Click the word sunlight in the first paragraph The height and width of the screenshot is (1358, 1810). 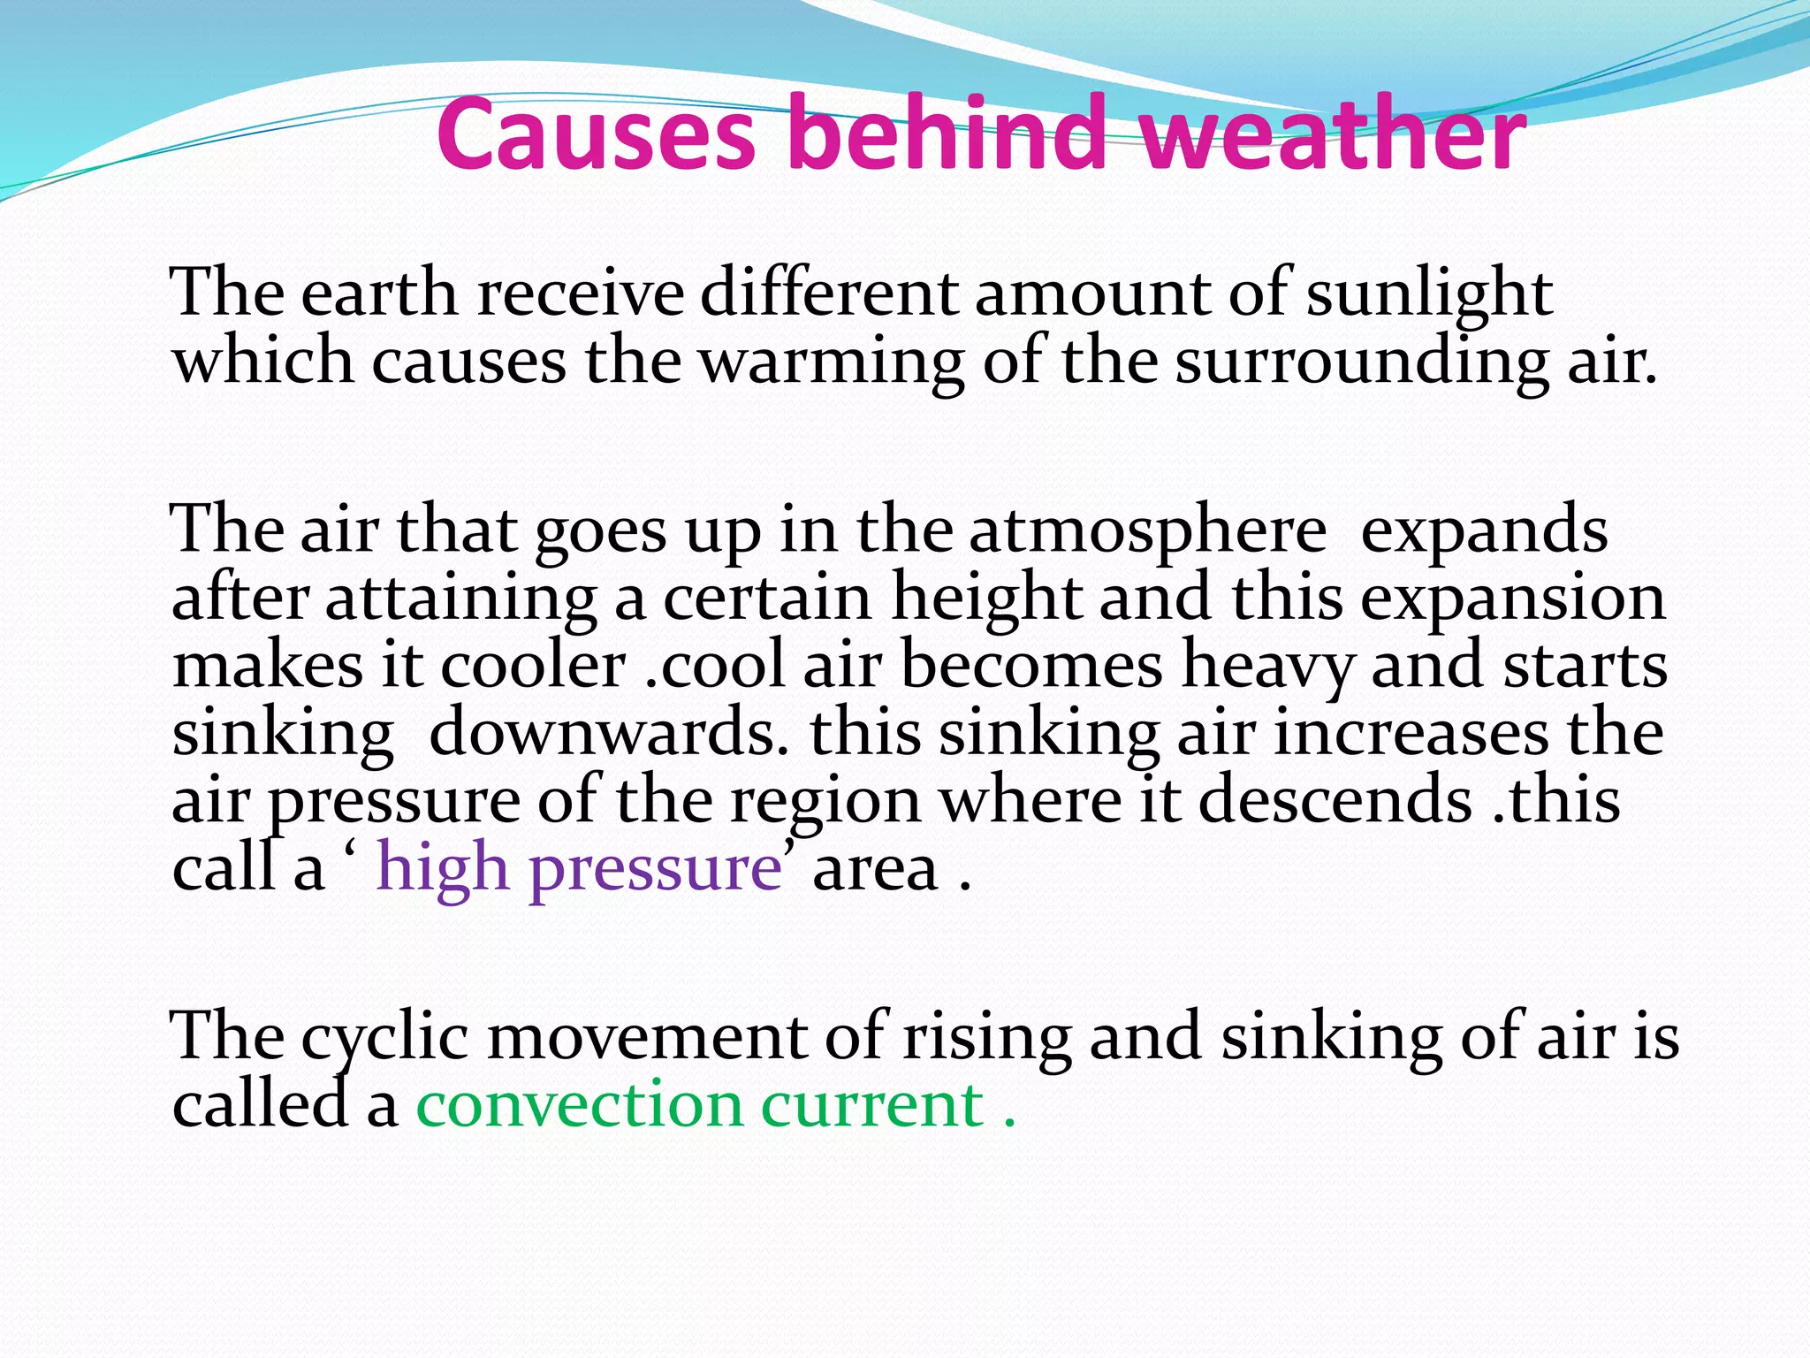pos(1428,294)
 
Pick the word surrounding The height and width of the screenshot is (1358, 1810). pos(1360,362)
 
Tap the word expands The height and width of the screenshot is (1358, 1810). pos(1484,531)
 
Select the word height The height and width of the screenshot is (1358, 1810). pos(986,599)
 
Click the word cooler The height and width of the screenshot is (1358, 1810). pos(533,666)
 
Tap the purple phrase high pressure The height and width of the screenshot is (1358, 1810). pos(579,869)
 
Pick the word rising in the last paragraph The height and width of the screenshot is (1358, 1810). pos(986,1036)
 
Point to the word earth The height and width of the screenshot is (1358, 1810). pos(379,294)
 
